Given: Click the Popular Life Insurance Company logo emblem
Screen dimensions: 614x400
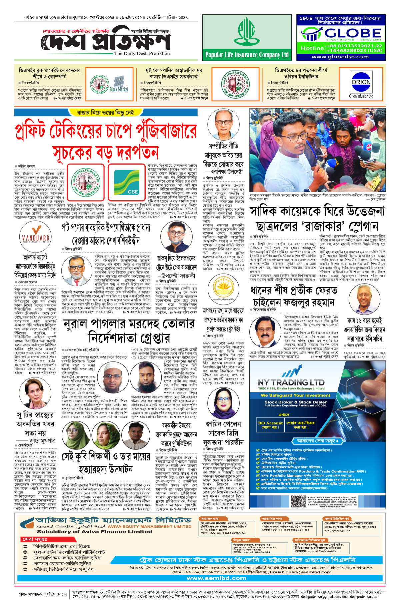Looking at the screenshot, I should [247, 31].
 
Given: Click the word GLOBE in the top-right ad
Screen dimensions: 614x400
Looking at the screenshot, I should [353, 33].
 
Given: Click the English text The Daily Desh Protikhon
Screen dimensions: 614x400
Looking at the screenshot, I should [142, 53].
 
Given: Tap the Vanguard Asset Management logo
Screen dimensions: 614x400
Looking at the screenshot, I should [35, 235].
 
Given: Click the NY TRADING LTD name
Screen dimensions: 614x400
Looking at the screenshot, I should [291, 382].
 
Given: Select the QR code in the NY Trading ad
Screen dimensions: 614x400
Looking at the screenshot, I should [298, 501].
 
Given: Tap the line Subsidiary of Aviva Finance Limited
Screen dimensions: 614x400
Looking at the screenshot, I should [94, 532].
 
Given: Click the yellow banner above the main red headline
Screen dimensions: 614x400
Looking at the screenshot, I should [105, 113].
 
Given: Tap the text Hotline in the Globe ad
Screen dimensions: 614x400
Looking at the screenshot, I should [312, 48].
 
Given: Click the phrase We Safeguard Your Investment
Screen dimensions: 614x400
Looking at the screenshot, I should [295, 395].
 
